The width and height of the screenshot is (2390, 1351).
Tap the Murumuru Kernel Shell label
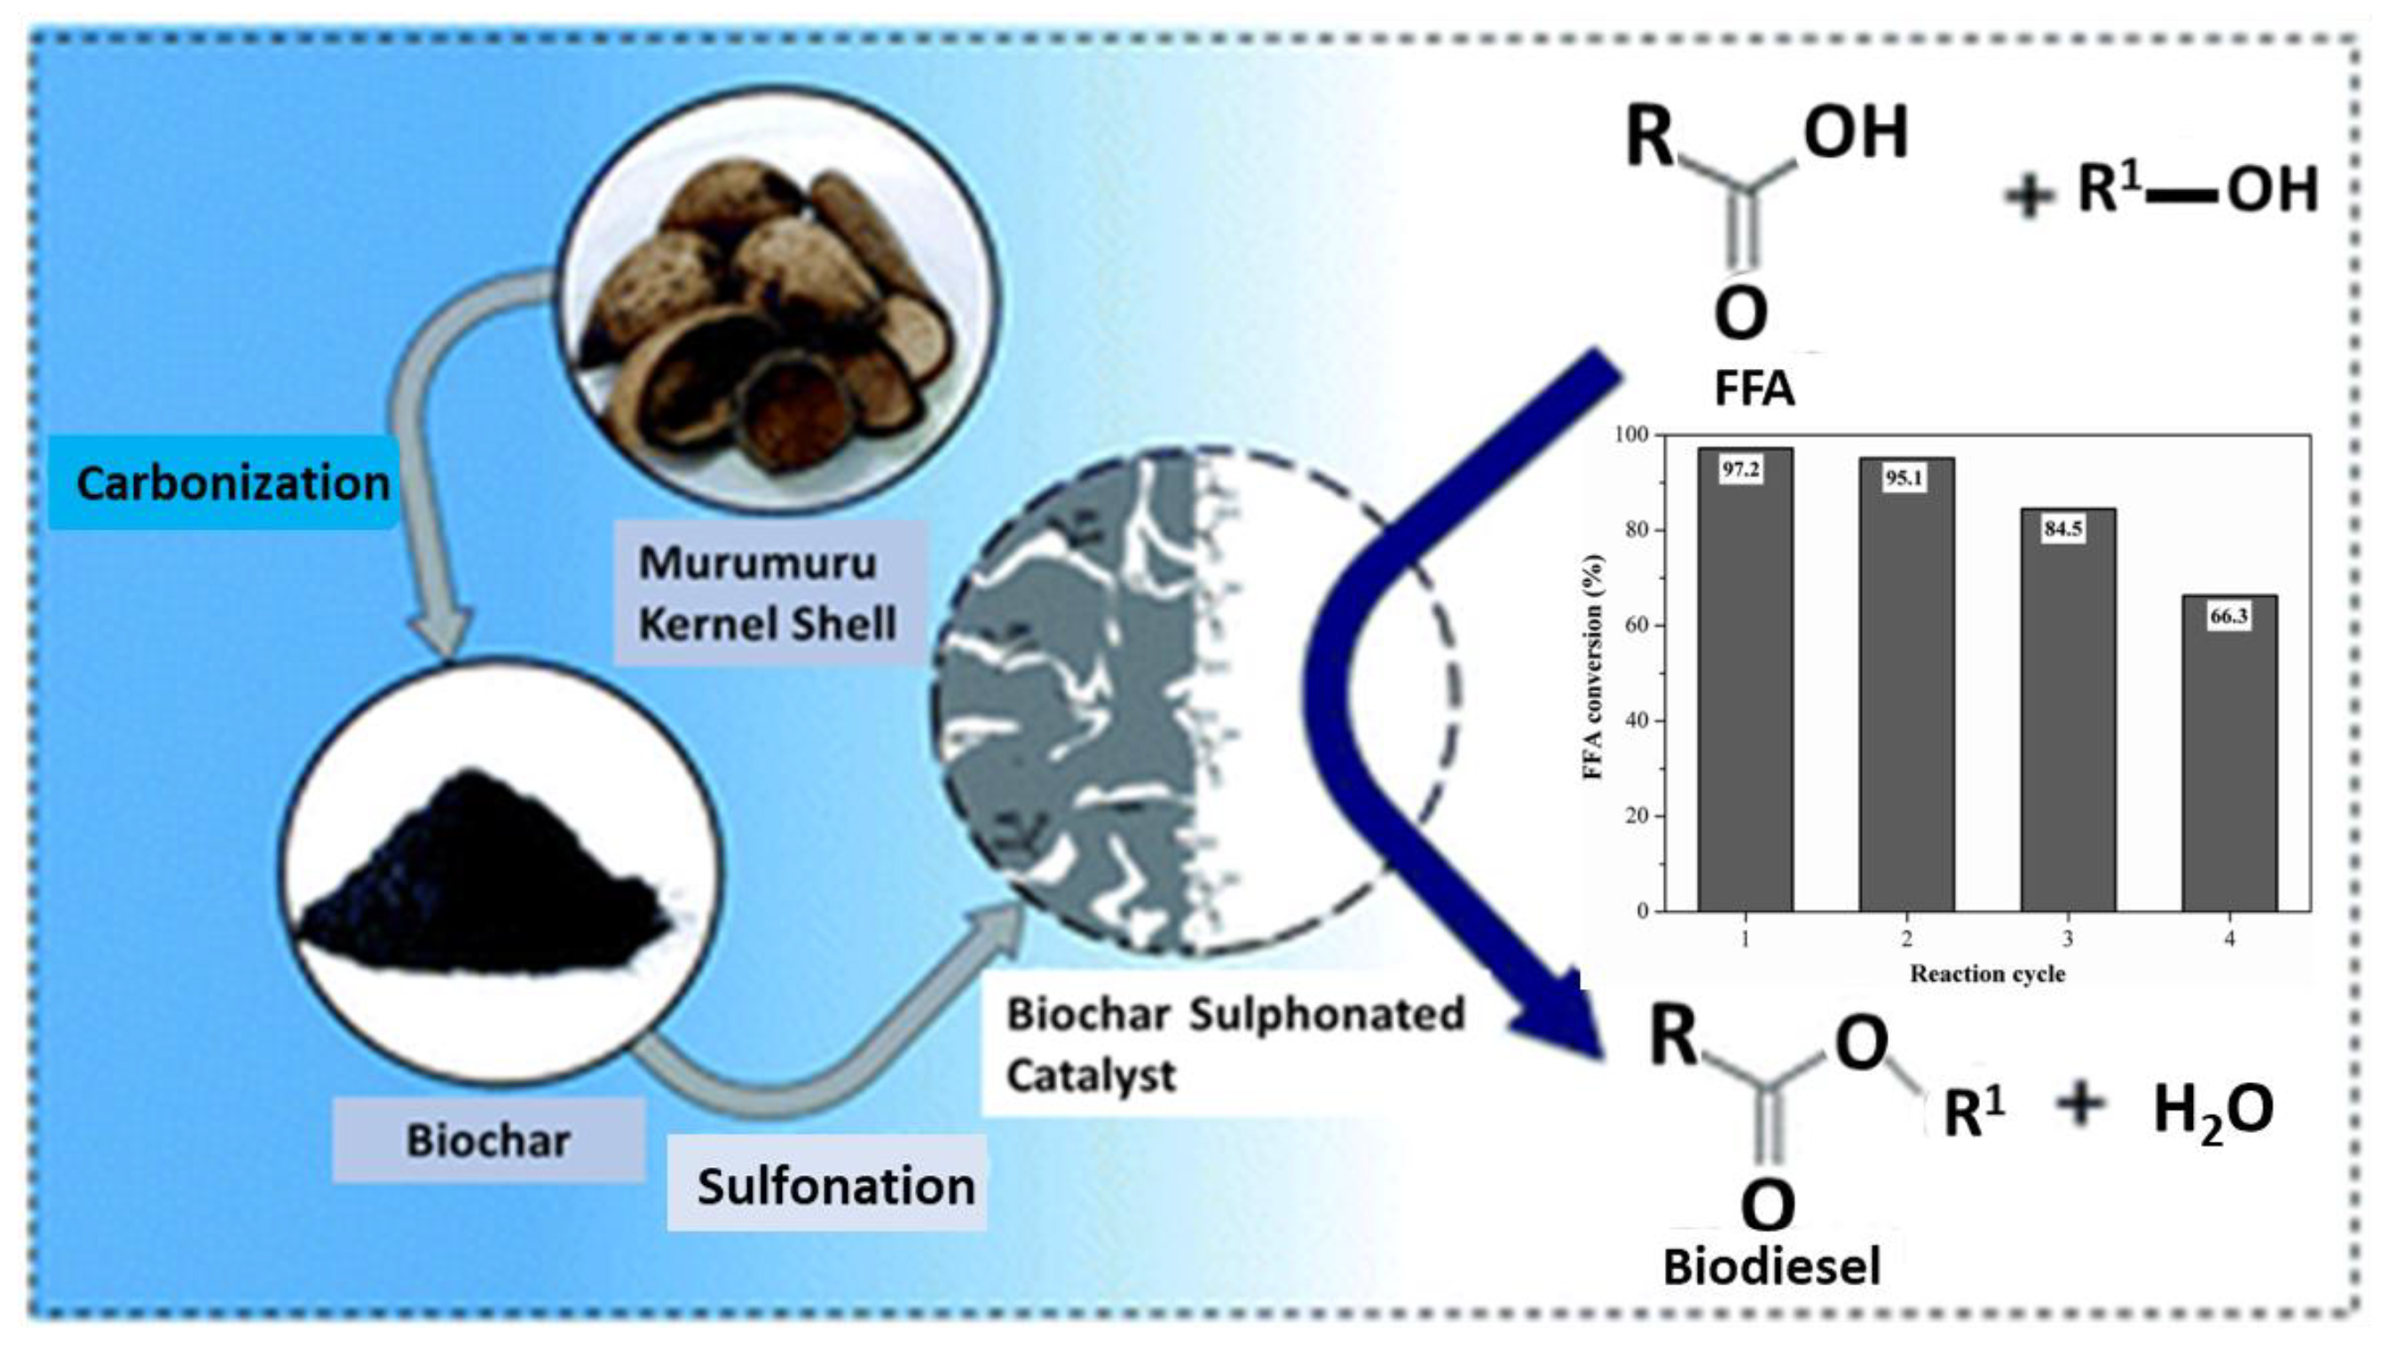coord(768,592)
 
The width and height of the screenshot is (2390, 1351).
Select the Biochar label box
coord(488,1141)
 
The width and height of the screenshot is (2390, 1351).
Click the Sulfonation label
coord(834,1186)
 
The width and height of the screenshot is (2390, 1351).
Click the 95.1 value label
coord(1904,478)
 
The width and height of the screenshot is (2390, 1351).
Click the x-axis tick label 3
coord(2067,939)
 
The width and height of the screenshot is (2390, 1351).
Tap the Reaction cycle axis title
coord(1987,973)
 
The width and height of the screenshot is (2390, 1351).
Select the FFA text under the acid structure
coord(1754,389)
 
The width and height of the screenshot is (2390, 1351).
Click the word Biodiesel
coord(1771,1267)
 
